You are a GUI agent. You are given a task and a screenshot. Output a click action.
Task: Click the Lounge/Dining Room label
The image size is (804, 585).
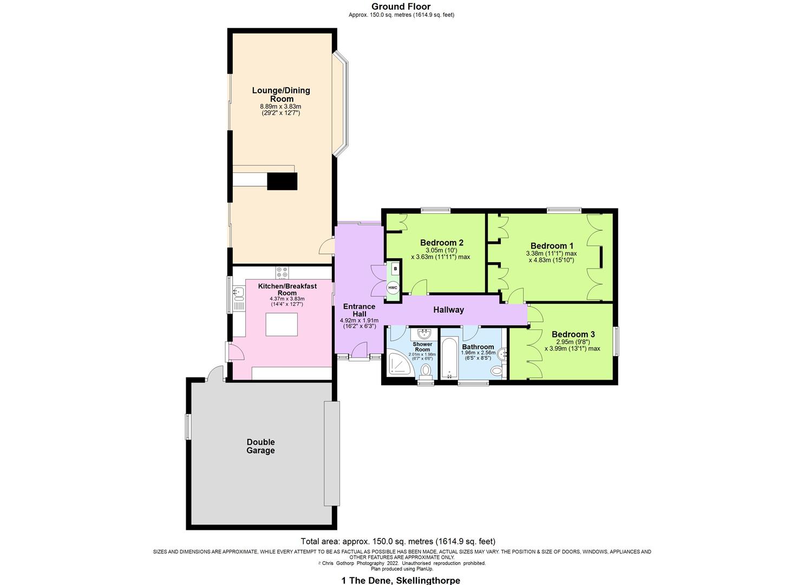point(281,95)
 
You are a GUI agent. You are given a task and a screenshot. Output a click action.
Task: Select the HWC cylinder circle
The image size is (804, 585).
point(393,288)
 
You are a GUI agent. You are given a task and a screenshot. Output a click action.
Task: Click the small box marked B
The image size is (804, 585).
point(395,268)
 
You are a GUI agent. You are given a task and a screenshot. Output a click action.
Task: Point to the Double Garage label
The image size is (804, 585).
point(260,446)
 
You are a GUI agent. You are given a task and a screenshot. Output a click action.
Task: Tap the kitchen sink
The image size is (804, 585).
point(238,293)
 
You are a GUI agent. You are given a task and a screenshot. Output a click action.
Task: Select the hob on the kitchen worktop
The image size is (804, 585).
point(282,272)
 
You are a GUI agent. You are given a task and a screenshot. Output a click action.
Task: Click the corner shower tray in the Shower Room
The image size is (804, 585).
point(399,364)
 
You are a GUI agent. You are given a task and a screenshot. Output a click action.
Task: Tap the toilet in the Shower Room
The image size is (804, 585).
point(426,370)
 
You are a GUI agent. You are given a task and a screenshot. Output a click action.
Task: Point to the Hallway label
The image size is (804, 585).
point(448,310)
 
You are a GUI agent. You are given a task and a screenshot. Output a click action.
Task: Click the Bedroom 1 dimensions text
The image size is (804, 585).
point(551,257)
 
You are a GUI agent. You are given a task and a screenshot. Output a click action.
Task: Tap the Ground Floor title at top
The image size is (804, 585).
point(401,6)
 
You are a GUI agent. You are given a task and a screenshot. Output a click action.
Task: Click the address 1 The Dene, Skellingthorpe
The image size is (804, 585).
point(401,580)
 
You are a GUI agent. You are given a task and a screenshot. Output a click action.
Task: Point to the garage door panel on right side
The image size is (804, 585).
point(331,453)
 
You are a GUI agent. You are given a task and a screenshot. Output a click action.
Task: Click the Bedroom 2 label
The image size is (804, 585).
point(442,243)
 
